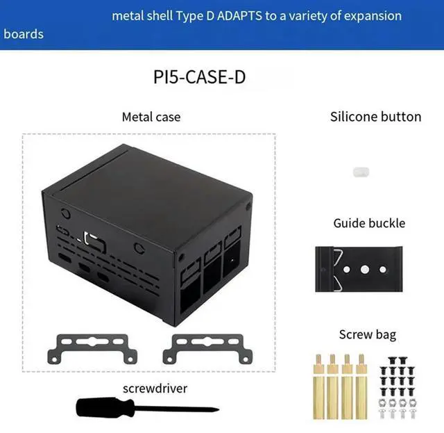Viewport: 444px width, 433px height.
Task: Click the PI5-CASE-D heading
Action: (199, 76)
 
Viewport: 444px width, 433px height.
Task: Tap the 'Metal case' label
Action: (151, 117)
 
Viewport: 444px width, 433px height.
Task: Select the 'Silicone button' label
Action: (375, 116)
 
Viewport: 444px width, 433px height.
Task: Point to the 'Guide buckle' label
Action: (369, 223)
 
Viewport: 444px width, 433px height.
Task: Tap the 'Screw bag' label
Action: (367, 334)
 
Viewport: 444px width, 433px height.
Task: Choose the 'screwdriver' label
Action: (154, 388)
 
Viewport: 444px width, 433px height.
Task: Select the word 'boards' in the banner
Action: (24, 33)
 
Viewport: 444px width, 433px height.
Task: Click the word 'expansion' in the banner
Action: (370, 15)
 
